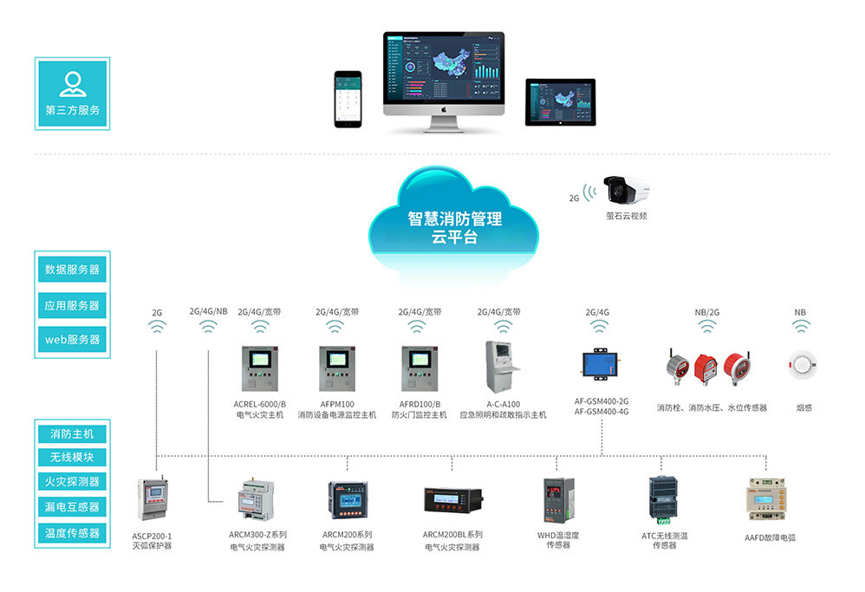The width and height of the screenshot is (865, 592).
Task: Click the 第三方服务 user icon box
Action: pos(72,93)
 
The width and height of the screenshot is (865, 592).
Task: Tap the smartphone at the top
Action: pos(349,99)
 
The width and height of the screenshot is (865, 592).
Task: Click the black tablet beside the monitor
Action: pos(560,101)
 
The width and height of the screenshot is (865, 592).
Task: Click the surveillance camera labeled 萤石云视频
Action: pos(626,190)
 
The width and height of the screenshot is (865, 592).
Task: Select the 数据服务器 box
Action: pos(72,270)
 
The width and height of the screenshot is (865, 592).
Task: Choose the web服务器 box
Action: pos(72,339)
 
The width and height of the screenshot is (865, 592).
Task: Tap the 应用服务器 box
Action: pos(72,305)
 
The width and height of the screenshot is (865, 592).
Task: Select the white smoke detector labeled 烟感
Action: pos(800,364)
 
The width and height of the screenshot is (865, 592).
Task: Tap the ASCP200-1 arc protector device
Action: pos(153,500)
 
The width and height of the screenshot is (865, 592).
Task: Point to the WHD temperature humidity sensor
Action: pos(556,499)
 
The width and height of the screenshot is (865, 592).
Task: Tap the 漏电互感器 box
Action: pos(72,506)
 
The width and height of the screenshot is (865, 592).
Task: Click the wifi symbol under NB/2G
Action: pos(707,327)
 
